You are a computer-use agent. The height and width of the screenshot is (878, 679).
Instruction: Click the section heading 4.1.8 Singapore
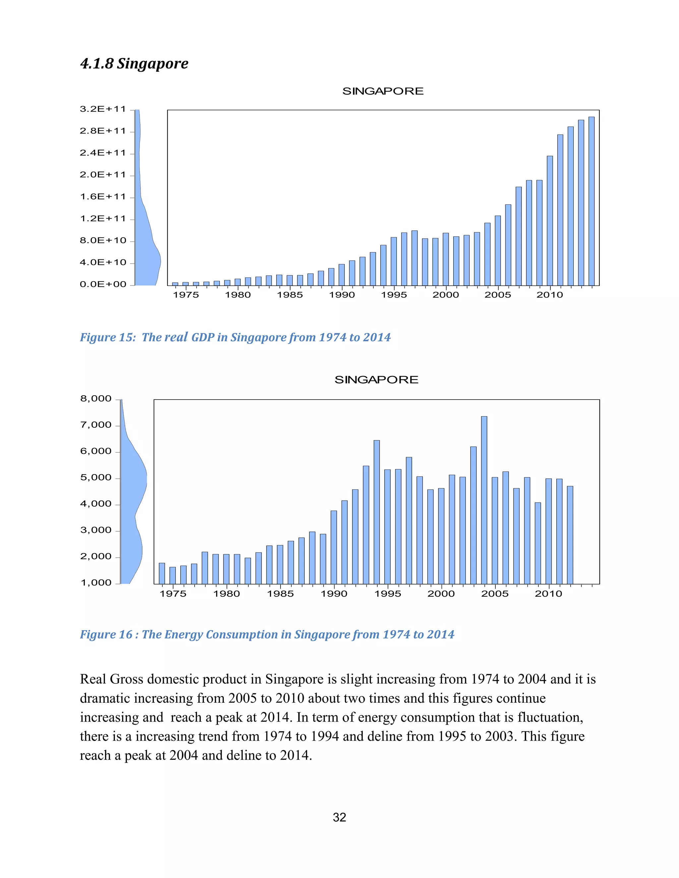click(x=134, y=64)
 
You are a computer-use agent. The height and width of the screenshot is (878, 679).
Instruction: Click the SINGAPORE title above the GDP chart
click(x=383, y=91)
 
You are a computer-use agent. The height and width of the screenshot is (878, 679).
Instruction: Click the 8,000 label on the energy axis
click(x=96, y=399)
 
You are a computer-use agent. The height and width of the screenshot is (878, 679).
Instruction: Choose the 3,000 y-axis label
click(x=96, y=530)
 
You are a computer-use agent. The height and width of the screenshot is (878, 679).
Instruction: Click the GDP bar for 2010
click(x=549, y=221)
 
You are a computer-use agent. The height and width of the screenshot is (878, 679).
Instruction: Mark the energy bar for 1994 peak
click(x=377, y=512)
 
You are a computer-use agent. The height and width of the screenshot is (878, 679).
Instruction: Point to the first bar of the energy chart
click(x=162, y=573)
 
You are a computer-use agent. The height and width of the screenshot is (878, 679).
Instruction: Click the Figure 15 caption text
click(x=235, y=337)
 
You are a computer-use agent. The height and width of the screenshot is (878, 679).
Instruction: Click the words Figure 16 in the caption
click(x=106, y=634)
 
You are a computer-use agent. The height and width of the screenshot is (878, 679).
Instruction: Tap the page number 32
click(x=339, y=817)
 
